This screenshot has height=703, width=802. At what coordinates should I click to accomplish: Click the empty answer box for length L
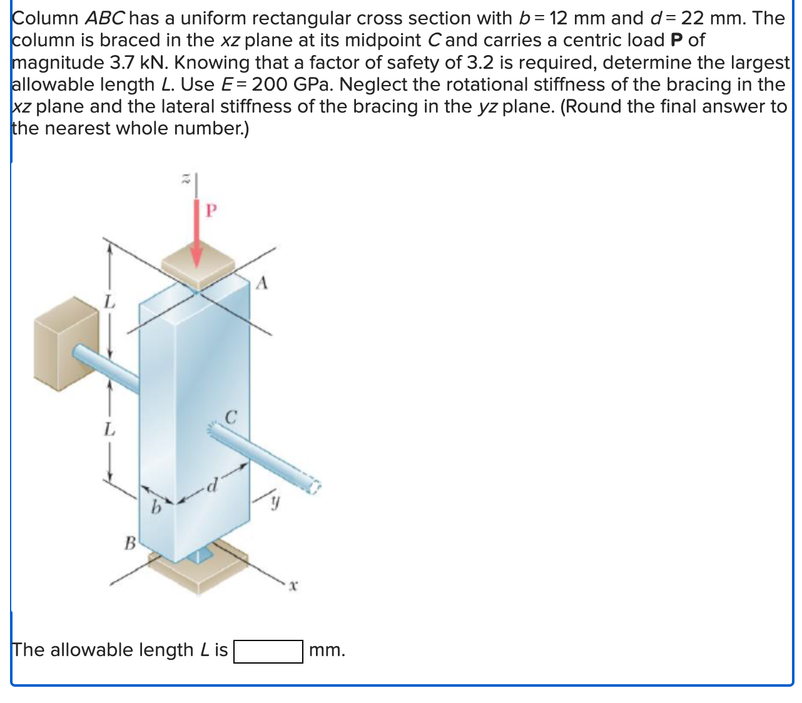[x=268, y=651]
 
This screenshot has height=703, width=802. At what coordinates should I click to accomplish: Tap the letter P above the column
[x=211, y=211]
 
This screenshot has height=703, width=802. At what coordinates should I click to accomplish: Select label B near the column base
[x=129, y=542]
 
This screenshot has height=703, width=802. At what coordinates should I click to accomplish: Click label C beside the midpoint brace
[x=231, y=417]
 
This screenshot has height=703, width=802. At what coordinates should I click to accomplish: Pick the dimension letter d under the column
[x=213, y=484]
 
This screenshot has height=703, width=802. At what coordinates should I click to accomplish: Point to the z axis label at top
[x=185, y=180]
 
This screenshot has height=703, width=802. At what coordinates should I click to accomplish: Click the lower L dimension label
[x=109, y=430]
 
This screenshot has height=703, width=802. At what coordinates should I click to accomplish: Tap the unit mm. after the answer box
[x=327, y=650]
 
